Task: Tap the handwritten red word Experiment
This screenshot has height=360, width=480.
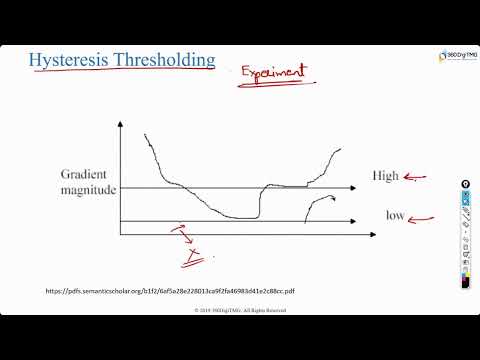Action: [x=272, y=74]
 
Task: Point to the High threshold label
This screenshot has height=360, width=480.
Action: [x=385, y=176]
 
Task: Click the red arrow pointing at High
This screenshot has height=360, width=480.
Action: [x=415, y=179]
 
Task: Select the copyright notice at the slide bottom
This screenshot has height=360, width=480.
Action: [x=240, y=311]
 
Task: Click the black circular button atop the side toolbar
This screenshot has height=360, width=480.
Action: [x=465, y=185]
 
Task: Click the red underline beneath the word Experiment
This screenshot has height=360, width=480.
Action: [x=272, y=87]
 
